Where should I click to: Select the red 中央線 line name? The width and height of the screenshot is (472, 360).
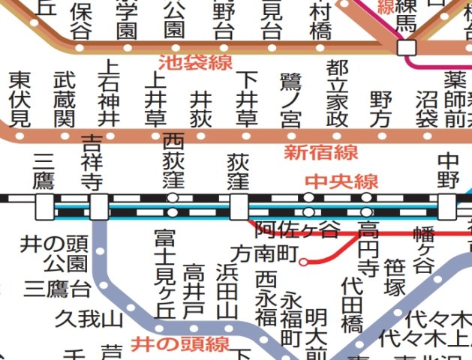click(341, 181)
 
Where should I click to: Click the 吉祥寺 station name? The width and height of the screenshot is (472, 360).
click(92, 161)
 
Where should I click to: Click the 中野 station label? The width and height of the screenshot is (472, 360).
click(448, 171)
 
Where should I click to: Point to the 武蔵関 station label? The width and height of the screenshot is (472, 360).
click(65, 100)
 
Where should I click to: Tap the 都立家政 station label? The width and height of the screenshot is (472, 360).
click(337, 92)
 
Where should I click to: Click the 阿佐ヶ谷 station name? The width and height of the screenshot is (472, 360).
click(297, 229)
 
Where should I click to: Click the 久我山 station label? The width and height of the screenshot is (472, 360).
click(89, 319)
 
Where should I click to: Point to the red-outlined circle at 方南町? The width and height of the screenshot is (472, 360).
click(303, 262)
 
